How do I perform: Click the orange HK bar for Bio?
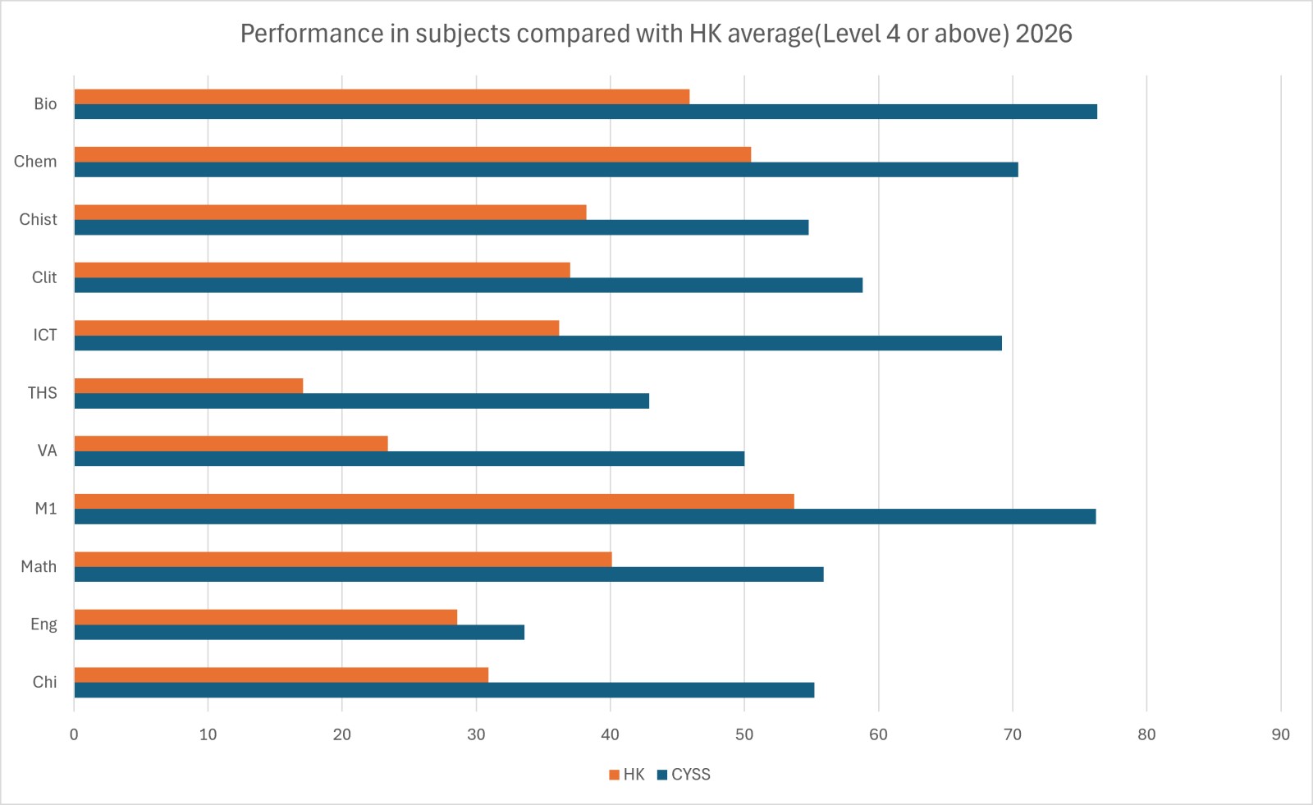[x=382, y=97]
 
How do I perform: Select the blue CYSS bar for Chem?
[x=547, y=169]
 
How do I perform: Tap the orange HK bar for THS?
[x=189, y=386]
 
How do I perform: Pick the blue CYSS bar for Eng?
[x=300, y=632]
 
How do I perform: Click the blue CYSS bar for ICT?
[x=538, y=343]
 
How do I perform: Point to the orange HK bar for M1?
[x=434, y=501]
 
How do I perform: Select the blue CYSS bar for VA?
[x=409, y=459]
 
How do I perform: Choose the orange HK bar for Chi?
[x=281, y=675]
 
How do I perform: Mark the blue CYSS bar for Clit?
[x=469, y=285]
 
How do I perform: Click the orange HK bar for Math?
[x=343, y=560]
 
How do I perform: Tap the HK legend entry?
[x=627, y=775]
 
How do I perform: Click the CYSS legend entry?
[x=684, y=775]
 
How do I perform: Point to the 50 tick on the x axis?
[x=744, y=734]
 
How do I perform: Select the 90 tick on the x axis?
[x=1281, y=734]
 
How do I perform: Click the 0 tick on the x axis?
[x=74, y=734]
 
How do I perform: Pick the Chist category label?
[x=38, y=219]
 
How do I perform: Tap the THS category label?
[x=42, y=392]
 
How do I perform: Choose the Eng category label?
[x=44, y=624]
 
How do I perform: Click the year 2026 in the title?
[x=1043, y=34]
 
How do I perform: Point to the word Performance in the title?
[x=312, y=34]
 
